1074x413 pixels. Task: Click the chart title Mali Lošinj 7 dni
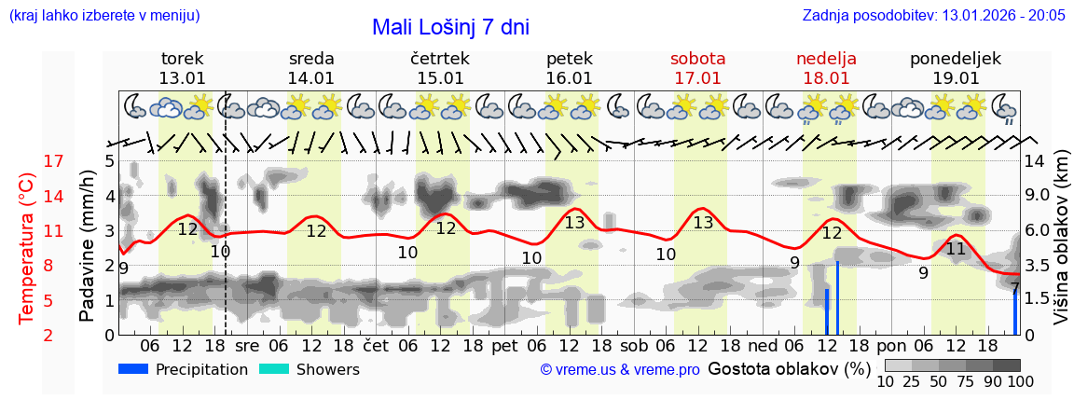coord(450,27)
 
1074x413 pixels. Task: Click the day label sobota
coord(697,59)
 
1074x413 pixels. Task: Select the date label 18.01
coord(826,78)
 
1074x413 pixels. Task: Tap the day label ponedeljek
coord(956,59)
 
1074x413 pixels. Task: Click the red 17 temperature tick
coord(54,161)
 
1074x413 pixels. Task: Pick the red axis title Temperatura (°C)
coord(27,247)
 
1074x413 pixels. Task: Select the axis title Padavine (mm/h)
coord(87,246)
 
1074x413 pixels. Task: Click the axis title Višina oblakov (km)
coord(1062,247)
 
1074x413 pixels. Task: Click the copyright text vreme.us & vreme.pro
coord(620,370)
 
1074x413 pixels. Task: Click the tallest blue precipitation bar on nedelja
coord(838,298)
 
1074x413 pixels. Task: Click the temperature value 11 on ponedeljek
coord(956,249)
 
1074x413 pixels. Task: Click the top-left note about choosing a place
coord(103,16)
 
